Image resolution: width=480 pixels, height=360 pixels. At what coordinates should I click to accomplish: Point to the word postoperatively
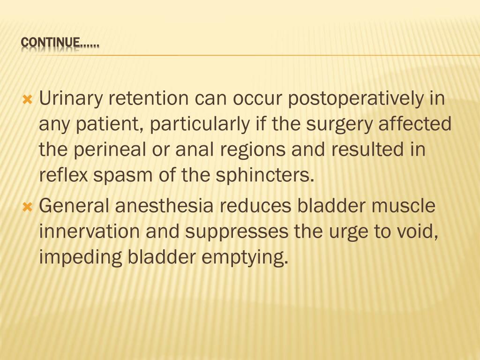(x=354, y=99)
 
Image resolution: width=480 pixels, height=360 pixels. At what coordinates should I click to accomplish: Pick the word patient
(x=109, y=125)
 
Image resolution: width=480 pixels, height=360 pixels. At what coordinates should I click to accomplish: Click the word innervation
(x=89, y=232)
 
